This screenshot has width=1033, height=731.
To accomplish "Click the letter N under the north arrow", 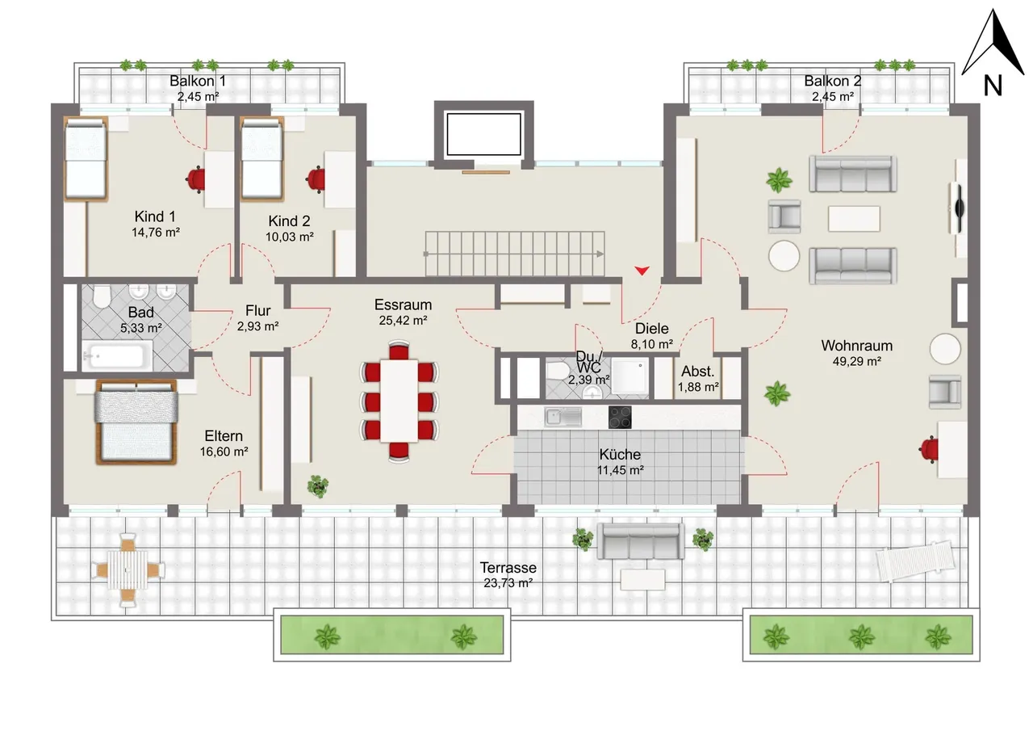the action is point(993,86).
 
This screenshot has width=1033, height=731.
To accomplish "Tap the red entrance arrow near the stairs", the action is point(642,271).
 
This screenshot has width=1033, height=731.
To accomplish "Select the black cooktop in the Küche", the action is point(620,417).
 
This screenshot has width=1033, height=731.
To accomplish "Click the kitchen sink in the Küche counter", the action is point(563,417).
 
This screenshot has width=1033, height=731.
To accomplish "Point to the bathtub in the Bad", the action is point(117,356).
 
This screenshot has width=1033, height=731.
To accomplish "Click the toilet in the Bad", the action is point(102,296).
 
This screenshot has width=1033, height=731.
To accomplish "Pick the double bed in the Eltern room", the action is point(136,422).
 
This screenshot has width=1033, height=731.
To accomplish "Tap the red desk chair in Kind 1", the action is point(196,179).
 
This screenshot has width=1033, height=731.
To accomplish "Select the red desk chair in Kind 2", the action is point(316,179).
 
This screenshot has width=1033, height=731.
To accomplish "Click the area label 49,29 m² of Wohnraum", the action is point(856,361).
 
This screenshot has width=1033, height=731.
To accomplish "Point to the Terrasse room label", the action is point(508,567).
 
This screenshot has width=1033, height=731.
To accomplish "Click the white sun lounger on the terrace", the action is point(915,560).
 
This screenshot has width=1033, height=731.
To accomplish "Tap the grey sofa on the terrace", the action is point(641,541).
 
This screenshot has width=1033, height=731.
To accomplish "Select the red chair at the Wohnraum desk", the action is point(929,449).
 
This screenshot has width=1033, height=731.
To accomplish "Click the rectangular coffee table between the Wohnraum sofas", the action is point(854,218).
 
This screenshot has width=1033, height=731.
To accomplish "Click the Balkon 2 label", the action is point(832,81).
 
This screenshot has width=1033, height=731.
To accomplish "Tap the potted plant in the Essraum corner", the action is point(318,486).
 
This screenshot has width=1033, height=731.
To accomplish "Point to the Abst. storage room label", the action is point(698,371).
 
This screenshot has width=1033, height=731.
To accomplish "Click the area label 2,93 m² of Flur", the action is point(257,326).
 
